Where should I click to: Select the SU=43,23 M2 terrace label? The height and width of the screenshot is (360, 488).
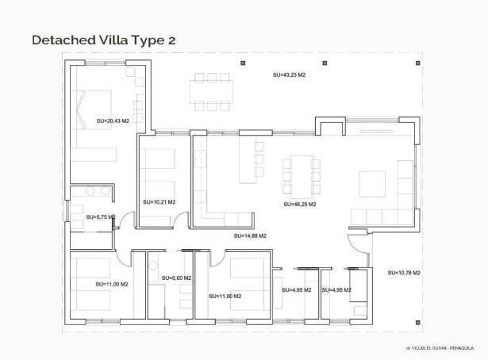pyautogui.click(x=289, y=75)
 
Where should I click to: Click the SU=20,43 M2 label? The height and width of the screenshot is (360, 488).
pyautogui.click(x=112, y=121)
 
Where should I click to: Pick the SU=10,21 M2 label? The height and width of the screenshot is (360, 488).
pyautogui.click(x=159, y=202)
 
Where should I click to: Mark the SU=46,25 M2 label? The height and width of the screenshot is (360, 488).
pyautogui.click(x=299, y=204)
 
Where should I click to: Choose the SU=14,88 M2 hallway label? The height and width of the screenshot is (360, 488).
pyautogui.click(x=250, y=236)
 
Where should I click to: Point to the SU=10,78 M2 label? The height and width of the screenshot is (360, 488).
pyautogui.click(x=404, y=273)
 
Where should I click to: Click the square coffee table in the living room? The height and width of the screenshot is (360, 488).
pyautogui.click(x=372, y=183)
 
